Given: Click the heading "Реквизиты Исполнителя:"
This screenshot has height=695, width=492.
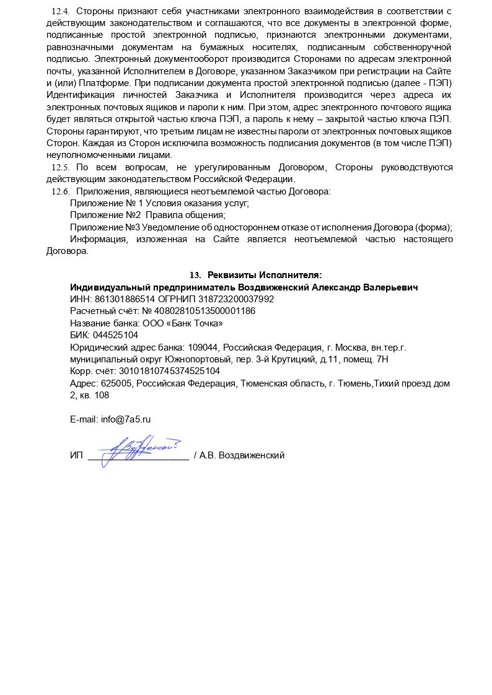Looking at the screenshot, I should [x=265, y=275].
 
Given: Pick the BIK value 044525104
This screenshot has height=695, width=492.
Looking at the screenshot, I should [x=115, y=335].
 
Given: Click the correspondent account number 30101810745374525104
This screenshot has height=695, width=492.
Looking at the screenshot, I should [x=169, y=371].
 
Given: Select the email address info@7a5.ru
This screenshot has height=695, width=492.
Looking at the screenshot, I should [x=126, y=419].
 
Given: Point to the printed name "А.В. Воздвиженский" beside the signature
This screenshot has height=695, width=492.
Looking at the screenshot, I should [x=242, y=456].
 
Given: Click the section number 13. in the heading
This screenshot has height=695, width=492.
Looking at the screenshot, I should [x=195, y=275].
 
